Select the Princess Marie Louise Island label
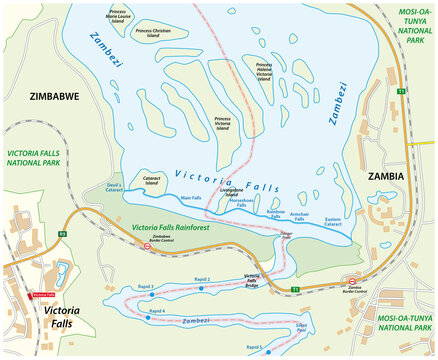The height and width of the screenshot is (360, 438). [x=125, y=17]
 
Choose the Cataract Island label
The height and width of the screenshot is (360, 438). [x=151, y=183]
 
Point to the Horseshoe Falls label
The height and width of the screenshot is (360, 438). [x=243, y=202]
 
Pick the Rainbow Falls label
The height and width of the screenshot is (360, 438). [x=275, y=212]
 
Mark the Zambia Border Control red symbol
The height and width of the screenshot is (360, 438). [x=352, y=280]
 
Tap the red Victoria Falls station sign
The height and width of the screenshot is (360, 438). [x=43, y=295]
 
